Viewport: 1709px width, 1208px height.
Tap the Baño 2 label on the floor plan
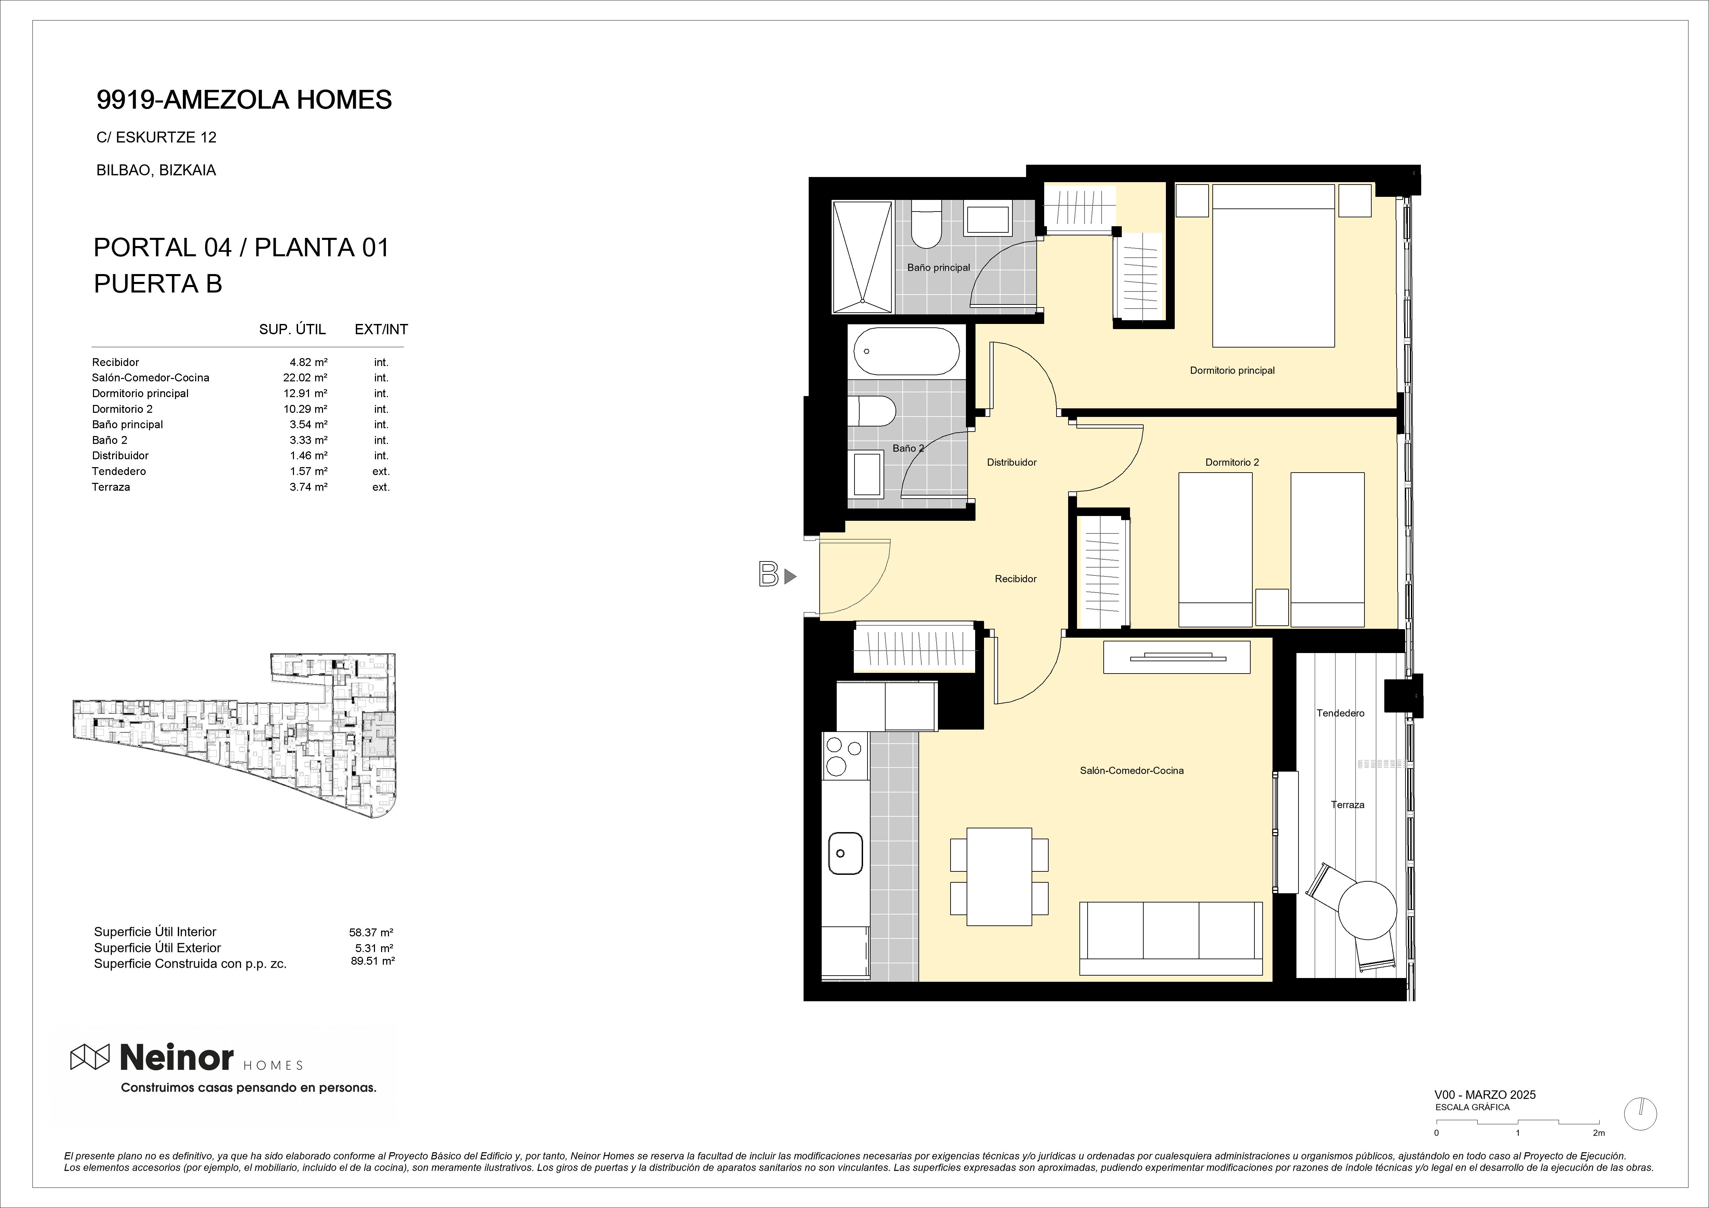[908, 448]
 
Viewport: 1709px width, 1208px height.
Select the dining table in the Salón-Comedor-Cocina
[999, 877]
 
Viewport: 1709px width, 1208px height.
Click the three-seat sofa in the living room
[1171, 938]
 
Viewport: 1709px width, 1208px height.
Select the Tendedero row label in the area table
[119, 471]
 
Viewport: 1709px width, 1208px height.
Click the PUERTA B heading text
[158, 284]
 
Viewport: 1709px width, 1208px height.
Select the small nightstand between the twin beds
[1271, 607]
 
